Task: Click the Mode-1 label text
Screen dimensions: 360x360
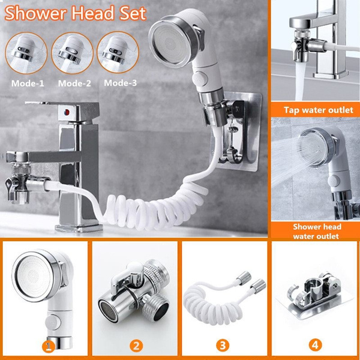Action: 27,83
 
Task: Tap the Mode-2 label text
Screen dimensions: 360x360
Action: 73,83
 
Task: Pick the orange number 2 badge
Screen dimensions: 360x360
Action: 137,346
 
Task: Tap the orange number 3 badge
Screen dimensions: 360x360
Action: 223,346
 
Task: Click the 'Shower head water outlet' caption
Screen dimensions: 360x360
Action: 317,232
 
